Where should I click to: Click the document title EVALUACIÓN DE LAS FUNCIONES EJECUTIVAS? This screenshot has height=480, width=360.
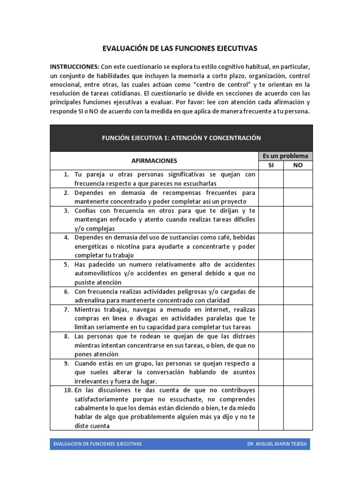[x=180, y=48]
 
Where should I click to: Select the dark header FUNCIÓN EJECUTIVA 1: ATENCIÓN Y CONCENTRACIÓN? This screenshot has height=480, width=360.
[x=181, y=138]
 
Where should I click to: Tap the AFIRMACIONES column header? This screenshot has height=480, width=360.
[x=154, y=160]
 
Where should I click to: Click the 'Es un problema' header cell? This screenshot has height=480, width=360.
[x=285, y=156]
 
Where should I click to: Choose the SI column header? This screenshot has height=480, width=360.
[x=271, y=165]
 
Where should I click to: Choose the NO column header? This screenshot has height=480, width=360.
[x=298, y=165]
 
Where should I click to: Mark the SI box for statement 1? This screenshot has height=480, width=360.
[x=271, y=179]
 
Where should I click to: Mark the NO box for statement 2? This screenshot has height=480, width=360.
[x=298, y=197]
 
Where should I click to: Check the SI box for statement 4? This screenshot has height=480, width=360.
[x=271, y=246]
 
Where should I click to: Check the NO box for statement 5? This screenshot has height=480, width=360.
[x=298, y=273]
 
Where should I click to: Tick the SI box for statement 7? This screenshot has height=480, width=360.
[x=271, y=318]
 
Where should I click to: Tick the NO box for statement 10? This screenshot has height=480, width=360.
[x=298, y=408]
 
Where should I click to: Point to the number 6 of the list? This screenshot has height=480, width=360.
[x=67, y=292]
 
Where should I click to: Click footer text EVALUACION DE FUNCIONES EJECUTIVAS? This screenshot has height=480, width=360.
[x=97, y=443]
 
